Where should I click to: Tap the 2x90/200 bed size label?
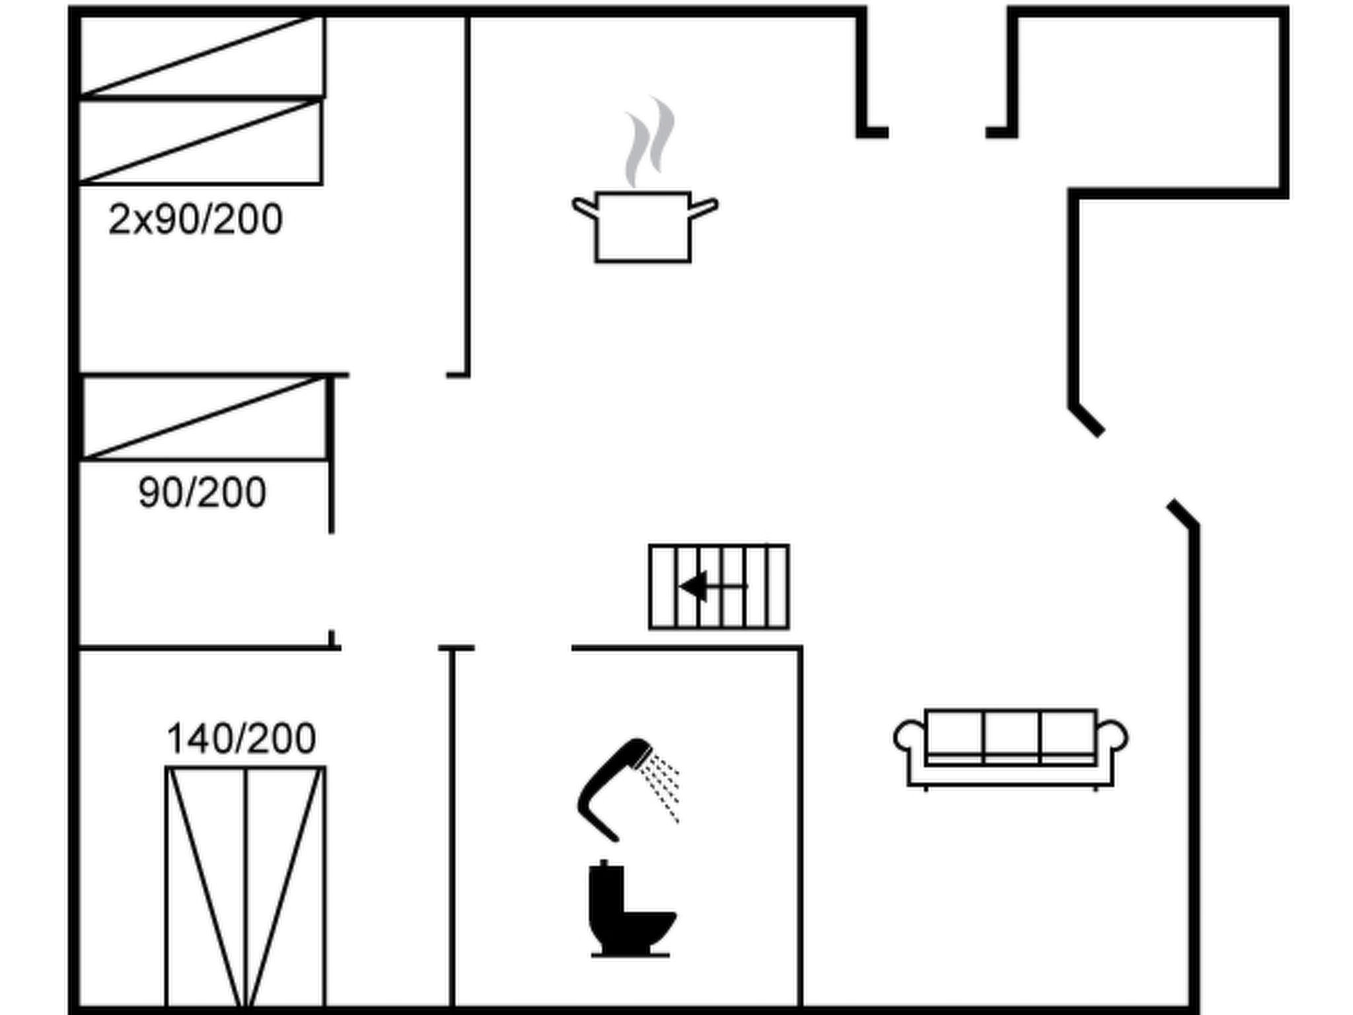coord(196,219)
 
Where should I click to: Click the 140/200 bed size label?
coord(241,738)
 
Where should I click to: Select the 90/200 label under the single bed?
coord(202,492)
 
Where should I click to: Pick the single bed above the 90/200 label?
coord(205,418)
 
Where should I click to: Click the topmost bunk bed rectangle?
coord(201,57)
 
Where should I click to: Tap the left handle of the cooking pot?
coord(585,207)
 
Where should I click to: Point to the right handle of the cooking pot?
coord(704,207)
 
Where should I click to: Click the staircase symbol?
coord(719,586)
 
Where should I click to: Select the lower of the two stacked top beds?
coord(200,141)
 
